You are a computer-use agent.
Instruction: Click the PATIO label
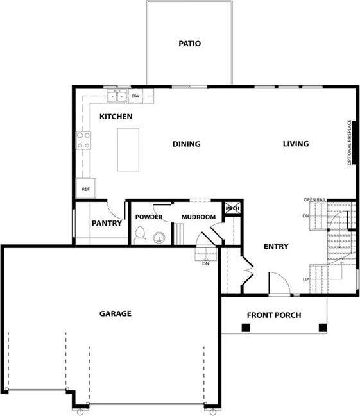click(189, 44)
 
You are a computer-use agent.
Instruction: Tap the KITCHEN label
click(116, 117)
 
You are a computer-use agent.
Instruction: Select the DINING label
click(186, 144)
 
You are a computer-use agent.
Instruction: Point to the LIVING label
click(296, 144)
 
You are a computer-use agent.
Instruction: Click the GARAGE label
click(115, 313)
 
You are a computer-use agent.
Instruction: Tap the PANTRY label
click(107, 224)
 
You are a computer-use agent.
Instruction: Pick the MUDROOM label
click(198, 217)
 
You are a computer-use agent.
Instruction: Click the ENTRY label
click(276, 247)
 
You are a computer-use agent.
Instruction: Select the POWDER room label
click(149, 217)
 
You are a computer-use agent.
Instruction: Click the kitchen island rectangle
click(128, 149)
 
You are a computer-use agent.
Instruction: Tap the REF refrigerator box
click(85, 189)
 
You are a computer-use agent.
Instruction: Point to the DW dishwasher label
click(135, 96)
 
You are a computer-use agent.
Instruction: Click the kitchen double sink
click(117, 97)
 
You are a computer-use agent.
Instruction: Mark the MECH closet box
click(231, 208)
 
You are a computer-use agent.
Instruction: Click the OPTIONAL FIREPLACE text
click(350, 143)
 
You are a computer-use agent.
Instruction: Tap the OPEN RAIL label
click(315, 200)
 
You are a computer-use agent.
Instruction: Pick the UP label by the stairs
click(306, 279)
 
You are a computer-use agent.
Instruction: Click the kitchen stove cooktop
click(83, 140)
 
